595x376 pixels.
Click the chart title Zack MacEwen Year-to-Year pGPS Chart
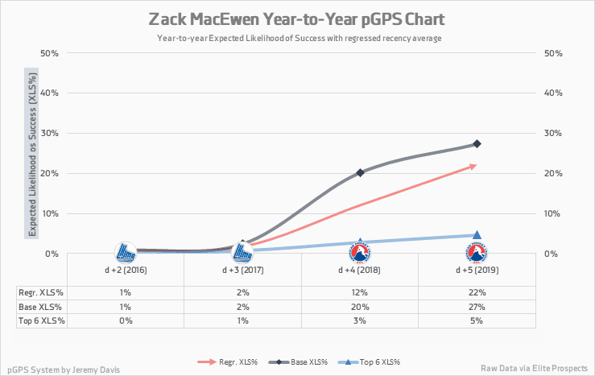tap(297, 19)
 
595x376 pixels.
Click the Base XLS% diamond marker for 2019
tap(477, 144)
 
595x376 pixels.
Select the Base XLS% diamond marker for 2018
tap(360, 172)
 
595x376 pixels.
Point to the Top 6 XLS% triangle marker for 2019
tap(477, 235)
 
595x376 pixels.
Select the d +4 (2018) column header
tap(360, 271)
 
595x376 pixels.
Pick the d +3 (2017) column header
tap(242, 271)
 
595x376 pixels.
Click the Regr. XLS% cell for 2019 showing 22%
tap(477, 293)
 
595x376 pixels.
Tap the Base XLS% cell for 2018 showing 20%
tap(360, 307)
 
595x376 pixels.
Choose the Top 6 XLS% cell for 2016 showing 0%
tap(126, 320)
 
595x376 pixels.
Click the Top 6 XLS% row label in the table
tap(41, 320)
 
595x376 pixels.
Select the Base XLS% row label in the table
tap(41, 307)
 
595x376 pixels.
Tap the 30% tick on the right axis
tap(552, 134)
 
